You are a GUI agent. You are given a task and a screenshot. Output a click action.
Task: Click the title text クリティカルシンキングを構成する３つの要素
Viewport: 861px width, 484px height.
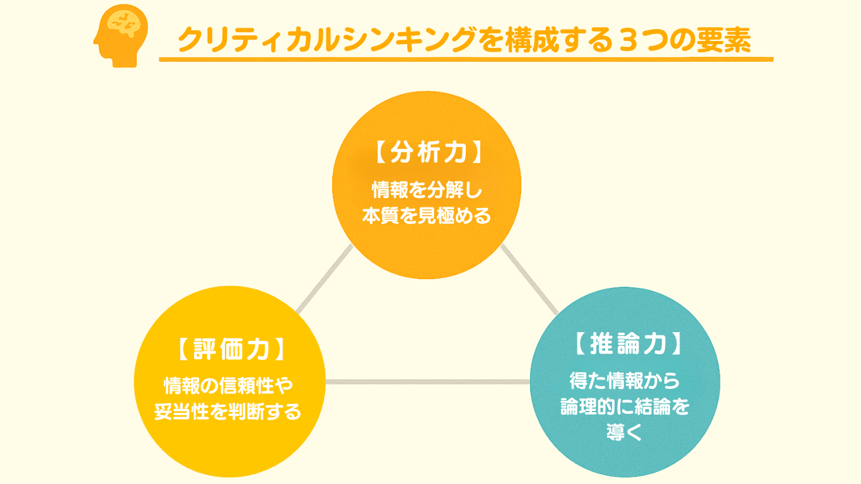pos(463,40)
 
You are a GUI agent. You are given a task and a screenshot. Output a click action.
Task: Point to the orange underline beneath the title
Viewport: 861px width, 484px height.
pos(466,60)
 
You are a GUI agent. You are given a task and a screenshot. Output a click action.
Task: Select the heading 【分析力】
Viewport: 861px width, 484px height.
pos(427,153)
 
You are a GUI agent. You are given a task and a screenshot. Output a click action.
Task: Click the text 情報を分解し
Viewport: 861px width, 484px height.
pos(427,188)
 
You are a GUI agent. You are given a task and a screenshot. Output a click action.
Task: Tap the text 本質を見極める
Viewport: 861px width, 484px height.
pos(427,216)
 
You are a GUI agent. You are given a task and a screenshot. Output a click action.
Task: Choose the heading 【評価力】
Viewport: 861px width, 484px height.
pos(230,350)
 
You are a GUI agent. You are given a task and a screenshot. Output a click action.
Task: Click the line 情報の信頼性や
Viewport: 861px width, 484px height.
pos(229,384)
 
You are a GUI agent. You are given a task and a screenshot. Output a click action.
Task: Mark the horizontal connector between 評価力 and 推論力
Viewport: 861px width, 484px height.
pos(427,381)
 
